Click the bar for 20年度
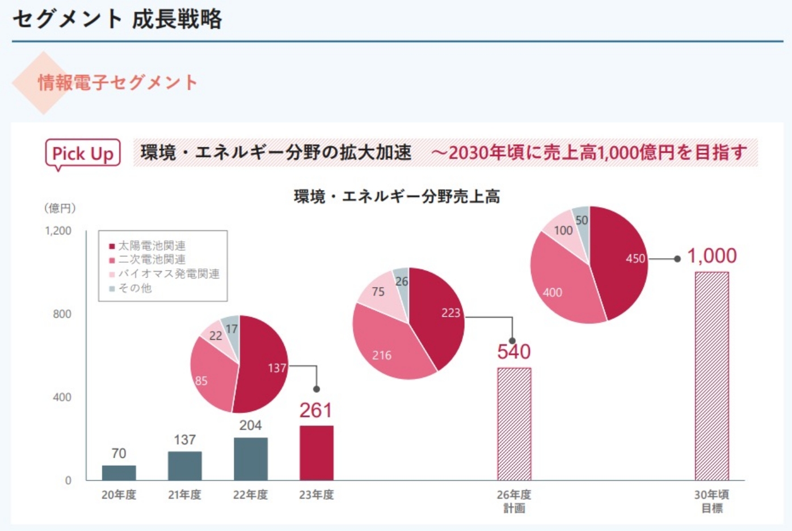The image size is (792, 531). click(119, 473)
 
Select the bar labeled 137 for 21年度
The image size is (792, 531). click(184, 466)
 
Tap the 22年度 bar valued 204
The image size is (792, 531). click(250, 459)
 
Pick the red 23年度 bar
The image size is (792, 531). click(316, 453)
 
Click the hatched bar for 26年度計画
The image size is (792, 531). click(514, 424)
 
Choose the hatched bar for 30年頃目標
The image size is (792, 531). click(711, 376)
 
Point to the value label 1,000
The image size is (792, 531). click(712, 256)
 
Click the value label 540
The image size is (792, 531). click(514, 352)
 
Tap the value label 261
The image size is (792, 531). click(315, 410)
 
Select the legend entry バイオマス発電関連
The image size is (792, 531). click(168, 273)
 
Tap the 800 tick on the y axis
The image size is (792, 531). click(62, 314)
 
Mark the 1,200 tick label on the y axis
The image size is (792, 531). click(58, 231)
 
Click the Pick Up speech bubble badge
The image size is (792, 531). click(83, 153)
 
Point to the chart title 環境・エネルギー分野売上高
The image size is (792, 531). click(397, 196)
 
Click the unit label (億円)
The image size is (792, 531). click(60, 208)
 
